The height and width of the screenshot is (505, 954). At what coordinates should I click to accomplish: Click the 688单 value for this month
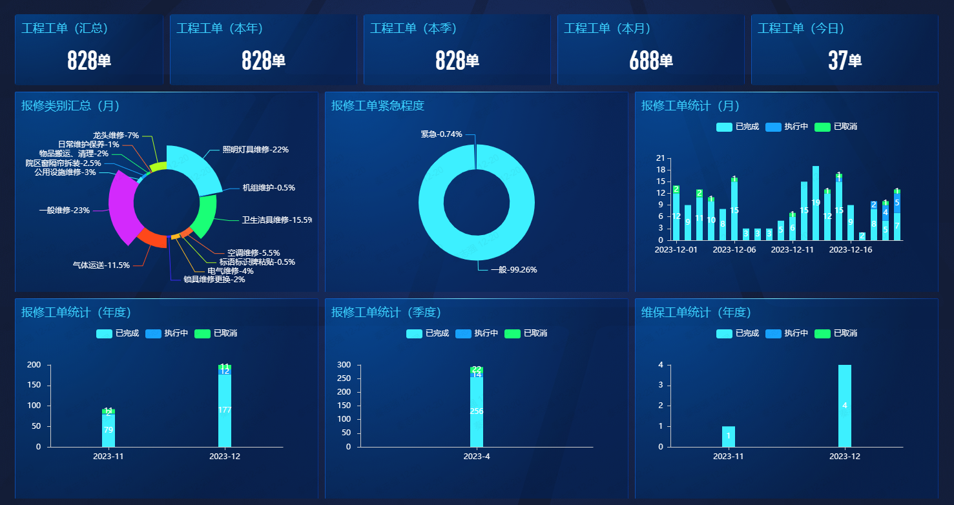click(x=650, y=61)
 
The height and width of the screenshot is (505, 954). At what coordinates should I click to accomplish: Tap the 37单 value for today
click(x=844, y=61)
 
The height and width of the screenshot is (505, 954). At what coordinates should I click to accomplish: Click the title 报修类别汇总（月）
click(x=70, y=106)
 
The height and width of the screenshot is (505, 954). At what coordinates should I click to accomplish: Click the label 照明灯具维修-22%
click(x=255, y=150)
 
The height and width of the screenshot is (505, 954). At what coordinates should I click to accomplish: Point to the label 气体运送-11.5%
click(x=101, y=265)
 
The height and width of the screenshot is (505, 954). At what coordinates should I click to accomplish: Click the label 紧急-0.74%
click(x=441, y=134)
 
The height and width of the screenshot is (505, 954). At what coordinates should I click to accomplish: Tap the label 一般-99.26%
click(x=513, y=270)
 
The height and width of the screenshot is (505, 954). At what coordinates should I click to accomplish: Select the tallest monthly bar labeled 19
click(x=816, y=203)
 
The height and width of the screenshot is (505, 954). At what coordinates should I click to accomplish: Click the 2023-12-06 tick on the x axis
click(x=734, y=250)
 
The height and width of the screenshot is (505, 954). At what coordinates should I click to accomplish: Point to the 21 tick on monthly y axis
click(x=660, y=158)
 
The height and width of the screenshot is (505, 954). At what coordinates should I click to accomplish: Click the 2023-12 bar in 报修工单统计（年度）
click(x=225, y=410)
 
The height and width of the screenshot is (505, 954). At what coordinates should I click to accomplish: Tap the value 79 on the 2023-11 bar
click(x=109, y=430)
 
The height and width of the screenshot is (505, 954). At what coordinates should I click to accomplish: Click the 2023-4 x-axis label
click(x=477, y=457)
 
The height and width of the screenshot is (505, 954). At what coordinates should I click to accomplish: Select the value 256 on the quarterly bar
click(x=477, y=411)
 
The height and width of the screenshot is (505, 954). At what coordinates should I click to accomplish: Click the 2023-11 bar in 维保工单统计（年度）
click(x=729, y=437)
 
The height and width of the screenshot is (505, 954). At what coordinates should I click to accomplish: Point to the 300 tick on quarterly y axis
click(x=344, y=365)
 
